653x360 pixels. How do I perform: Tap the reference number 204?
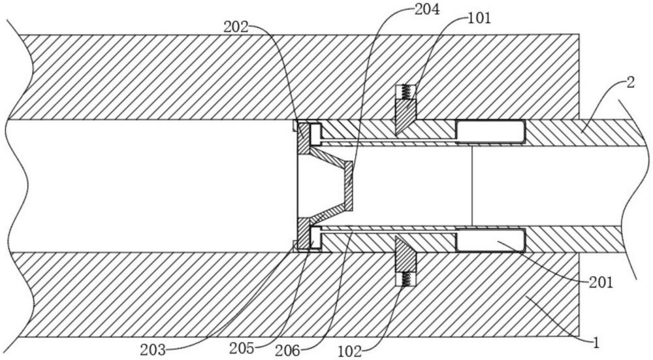426,10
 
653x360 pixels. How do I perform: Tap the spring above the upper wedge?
406,92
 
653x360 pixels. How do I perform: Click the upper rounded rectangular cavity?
490,131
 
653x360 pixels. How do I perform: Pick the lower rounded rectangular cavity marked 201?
490,240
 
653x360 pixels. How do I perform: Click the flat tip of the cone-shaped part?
349,186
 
